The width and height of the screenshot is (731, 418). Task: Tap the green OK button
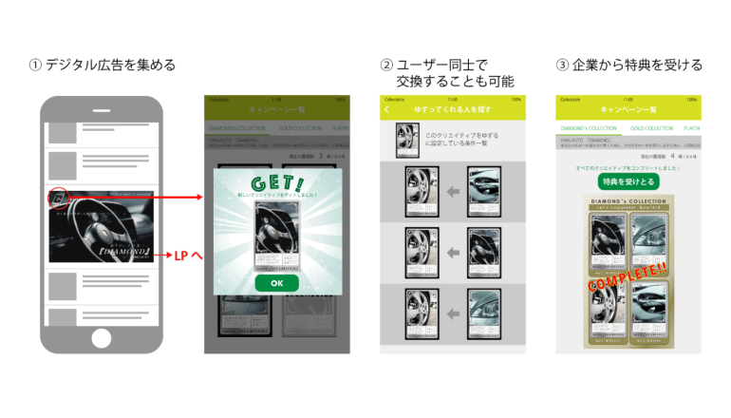tap(276, 283)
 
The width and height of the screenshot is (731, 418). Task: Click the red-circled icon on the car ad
tap(58, 198)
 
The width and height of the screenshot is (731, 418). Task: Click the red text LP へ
tap(190, 256)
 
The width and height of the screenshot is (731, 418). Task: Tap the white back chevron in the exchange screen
tap(387, 110)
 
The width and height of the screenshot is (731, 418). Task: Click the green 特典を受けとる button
tap(628, 180)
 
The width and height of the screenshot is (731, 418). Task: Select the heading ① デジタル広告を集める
tap(103, 66)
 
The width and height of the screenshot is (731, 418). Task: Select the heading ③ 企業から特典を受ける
tap(628, 66)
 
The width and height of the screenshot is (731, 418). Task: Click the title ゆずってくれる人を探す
tap(452, 110)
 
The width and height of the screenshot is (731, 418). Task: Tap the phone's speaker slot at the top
tap(102, 106)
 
